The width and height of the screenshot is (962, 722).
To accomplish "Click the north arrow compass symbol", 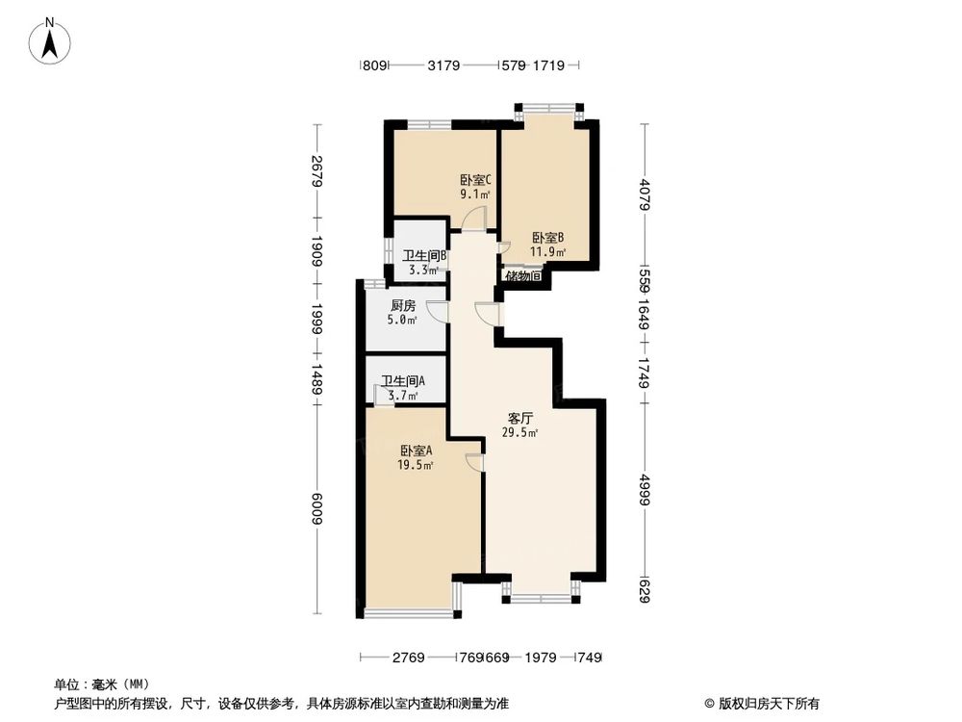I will point(51,41).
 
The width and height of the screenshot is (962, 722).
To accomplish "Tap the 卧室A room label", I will point(417,451).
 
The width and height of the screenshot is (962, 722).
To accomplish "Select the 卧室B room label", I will point(548,238).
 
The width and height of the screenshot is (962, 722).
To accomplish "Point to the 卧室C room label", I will point(475,179).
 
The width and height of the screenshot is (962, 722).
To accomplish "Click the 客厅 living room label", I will point(520,419).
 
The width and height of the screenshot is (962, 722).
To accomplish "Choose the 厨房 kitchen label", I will point(403,306).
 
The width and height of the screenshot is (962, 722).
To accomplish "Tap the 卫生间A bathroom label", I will point(402,381).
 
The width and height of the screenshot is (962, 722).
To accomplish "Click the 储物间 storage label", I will point(523,276).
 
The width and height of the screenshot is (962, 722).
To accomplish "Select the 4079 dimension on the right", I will point(646,200).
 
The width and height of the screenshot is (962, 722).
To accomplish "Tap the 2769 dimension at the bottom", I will point(407,658).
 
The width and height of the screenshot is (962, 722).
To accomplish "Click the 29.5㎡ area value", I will point(519,433).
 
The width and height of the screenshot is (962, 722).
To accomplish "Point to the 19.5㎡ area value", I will point(416,465).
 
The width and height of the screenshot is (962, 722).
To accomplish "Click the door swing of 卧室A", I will point(474,462).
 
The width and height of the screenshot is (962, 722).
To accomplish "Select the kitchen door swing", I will point(438,311).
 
